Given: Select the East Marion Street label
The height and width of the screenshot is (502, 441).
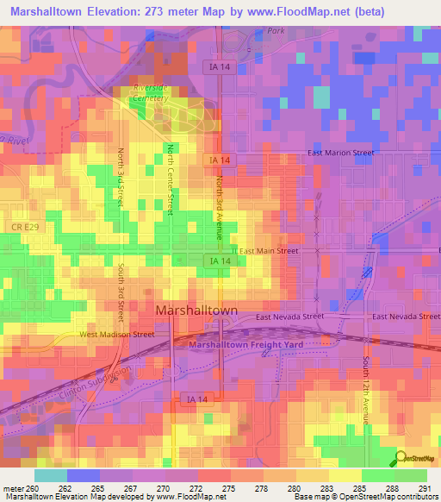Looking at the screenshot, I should coord(341,154).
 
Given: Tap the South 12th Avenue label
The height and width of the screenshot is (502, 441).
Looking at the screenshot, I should coord(366,389).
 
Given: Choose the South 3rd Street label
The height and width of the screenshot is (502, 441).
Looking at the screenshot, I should coord(122,292).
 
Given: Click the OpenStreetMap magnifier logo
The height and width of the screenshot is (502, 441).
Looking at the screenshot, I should coord(401,458).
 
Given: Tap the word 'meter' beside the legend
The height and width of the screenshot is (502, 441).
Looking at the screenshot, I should coord(13,488).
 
